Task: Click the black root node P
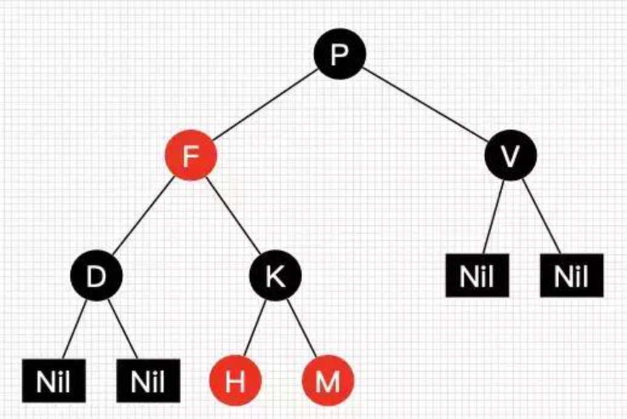tap(339, 54)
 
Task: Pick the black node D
tap(96, 276)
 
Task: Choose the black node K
tap(276, 276)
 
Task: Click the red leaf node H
tap(235, 381)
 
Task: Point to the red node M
tap(328, 381)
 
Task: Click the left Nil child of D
tap(53, 381)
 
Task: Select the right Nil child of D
tap(148, 381)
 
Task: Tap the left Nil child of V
tap(477, 275)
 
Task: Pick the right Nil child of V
tap(571, 275)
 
